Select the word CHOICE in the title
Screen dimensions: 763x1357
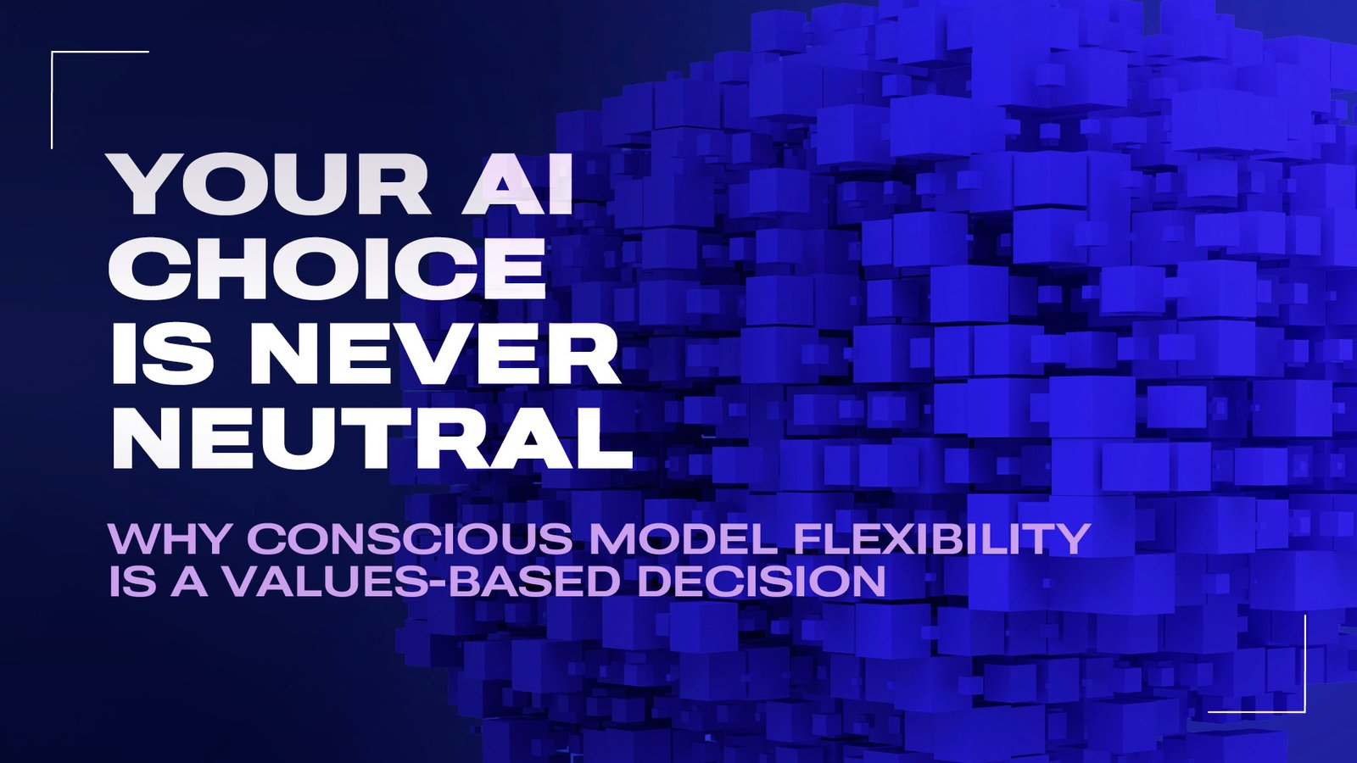click(328, 269)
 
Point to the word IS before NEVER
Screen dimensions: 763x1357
click(161, 354)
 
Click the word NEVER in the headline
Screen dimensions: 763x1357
click(433, 354)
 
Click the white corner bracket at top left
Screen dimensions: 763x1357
click(53, 53)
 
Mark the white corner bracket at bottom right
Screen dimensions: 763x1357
click(1304, 710)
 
